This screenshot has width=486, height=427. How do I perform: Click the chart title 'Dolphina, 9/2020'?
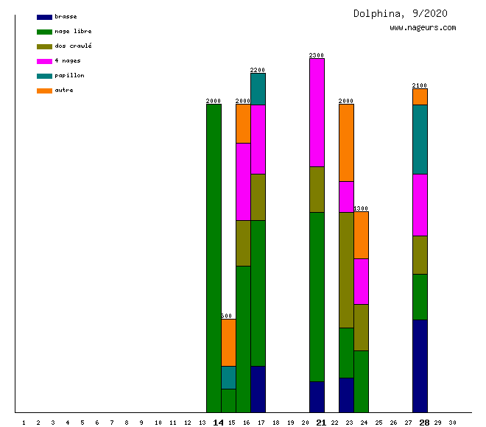coord(400,13)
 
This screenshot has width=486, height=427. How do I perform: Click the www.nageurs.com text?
coord(423,28)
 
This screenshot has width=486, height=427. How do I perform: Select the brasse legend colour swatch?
coord(44,17)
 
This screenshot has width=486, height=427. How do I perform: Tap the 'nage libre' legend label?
coord(73,31)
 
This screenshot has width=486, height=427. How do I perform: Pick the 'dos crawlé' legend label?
coord(73,46)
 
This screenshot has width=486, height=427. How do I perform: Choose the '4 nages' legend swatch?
coord(44,61)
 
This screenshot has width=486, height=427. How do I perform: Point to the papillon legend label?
coord(69,75)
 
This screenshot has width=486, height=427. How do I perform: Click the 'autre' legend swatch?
coord(44,91)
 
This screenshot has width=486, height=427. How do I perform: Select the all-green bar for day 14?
coord(214,258)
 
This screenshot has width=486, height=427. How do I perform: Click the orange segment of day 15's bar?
coord(228,342)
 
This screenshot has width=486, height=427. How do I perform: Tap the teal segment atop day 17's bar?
coord(258,89)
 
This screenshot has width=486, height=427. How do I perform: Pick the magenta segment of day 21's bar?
coord(317,112)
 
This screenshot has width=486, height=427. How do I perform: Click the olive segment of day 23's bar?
coord(346,269)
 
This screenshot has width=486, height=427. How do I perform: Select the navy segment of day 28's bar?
coord(420,366)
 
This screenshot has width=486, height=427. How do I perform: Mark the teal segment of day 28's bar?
coord(420,139)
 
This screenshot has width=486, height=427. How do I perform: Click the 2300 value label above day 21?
coord(317,55)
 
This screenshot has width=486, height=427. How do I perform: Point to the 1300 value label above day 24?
coord(361,208)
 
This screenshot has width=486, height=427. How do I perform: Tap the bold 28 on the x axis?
coord(424,423)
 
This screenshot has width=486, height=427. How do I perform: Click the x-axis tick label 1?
coord(24,423)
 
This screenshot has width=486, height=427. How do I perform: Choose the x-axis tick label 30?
coord(452,423)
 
